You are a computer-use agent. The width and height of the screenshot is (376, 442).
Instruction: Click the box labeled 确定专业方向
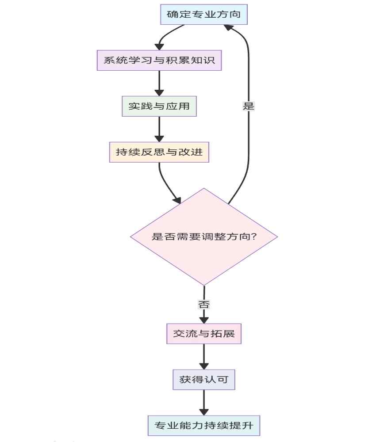pos(203,15)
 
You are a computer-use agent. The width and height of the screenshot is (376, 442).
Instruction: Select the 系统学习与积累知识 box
pos(159,61)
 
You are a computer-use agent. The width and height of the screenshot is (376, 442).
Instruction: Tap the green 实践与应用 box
pos(159,106)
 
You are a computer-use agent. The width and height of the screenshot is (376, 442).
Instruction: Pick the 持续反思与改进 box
pos(159,152)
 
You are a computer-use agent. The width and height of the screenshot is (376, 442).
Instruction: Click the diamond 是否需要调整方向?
pos(204,236)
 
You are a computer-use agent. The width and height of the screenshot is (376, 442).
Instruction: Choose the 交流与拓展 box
pos(204,334)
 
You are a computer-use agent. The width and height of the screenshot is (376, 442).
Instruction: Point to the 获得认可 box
pos(204,379)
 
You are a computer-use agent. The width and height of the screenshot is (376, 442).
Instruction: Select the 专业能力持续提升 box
pos(204,426)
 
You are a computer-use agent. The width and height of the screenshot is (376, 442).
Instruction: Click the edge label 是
pos(249,106)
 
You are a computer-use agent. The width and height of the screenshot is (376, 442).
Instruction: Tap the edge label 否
pos(204,304)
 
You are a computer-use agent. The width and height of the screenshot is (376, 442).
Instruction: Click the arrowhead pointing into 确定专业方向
pos(229,28)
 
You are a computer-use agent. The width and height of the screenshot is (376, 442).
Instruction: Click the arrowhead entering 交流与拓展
pos(204,319)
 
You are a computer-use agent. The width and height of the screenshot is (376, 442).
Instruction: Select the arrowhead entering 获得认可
pos(204,365)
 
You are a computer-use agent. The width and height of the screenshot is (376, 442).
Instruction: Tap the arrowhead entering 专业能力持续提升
pos(204,411)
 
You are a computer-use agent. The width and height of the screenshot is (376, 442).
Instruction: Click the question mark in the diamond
pos(254,236)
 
